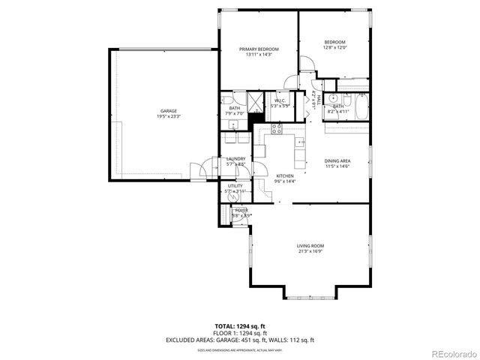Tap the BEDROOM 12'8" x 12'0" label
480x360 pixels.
coord(334,44)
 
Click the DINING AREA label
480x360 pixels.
coord(337,163)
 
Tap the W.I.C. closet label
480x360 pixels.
coord(280,103)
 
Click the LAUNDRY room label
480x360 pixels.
coord(235,160)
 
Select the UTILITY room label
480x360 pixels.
coord(235,188)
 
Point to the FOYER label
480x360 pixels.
coord(241,213)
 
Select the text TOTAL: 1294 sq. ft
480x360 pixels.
coord(240,326)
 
